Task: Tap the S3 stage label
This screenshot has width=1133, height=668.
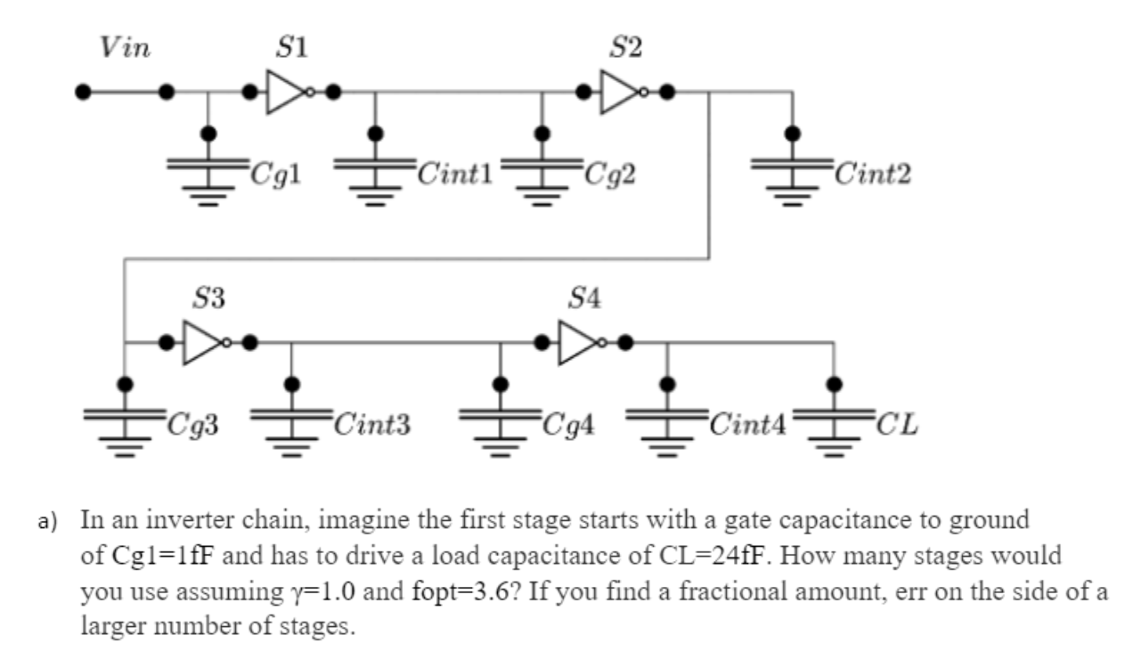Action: tap(209, 299)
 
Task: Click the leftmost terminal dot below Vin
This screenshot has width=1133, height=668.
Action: tap(83, 92)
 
